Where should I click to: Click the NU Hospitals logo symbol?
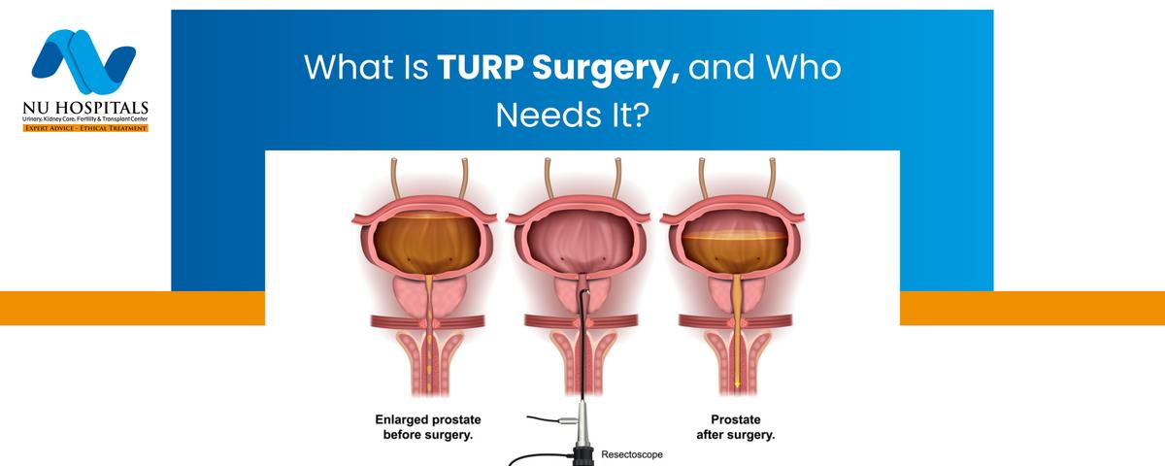[x=83, y=61]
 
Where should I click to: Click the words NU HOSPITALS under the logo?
[x=85, y=108]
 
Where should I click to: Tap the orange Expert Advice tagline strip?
[x=85, y=128]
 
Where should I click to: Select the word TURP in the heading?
[x=480, y=67]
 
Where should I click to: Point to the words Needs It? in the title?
[x=573, y=115]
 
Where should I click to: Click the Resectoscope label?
[x=632, y=454]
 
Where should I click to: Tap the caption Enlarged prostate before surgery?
[x=428, y=427]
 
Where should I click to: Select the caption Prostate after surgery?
[x=736, y=427]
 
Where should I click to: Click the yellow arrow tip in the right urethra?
[x=737, y=383]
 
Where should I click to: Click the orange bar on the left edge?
[x=132, y=308]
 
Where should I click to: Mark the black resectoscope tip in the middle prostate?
[x=585, y=293]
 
